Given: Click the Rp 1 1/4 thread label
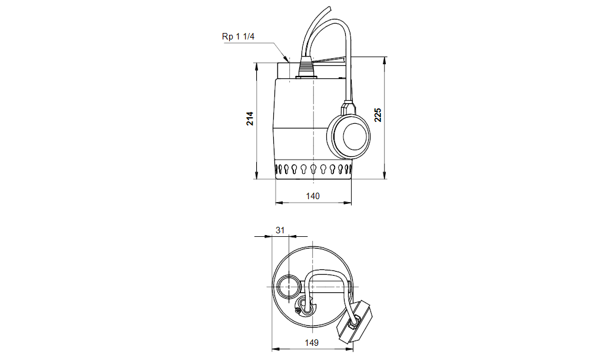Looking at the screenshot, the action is click(x=238, y=37).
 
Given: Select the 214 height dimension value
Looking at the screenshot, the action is click(x=250, y=118).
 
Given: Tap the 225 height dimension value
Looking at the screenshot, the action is click(x=378, y=115).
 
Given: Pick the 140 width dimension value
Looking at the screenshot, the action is click(x=313, y=196).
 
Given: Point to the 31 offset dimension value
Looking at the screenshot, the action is click(x=280, y=230).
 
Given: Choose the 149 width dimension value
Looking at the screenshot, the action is click(x=312, y=343).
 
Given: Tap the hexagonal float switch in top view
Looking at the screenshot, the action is click(x=354, y=321).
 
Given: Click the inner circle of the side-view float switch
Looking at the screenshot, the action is click(x=355, y=136).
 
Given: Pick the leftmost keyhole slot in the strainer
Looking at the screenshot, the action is click(x=277, y=169).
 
